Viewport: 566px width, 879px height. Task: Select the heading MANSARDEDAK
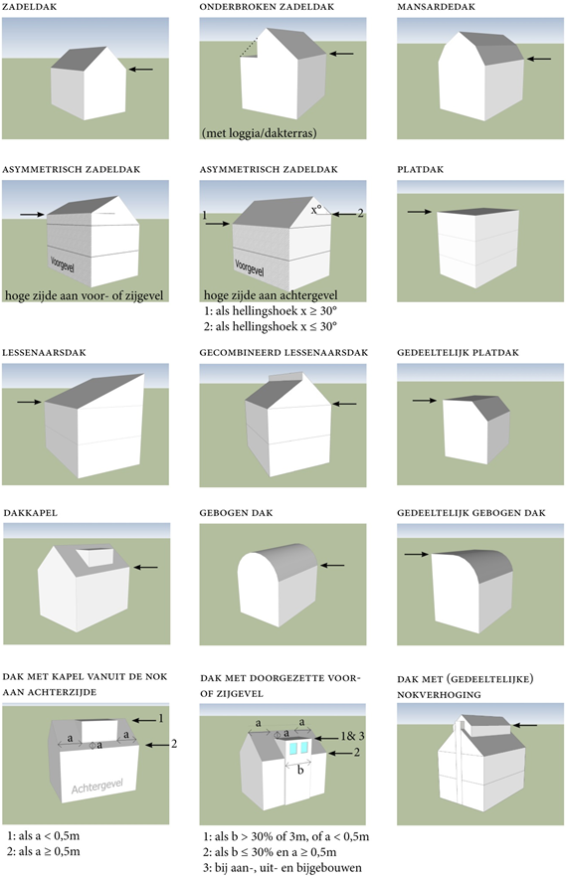point(431,7)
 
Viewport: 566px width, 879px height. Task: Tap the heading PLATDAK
point(419,170)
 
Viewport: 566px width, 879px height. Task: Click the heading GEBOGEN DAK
point(237,512)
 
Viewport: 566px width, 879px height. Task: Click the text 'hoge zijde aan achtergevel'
point(263,295)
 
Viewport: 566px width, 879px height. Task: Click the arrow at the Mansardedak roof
point(540,60)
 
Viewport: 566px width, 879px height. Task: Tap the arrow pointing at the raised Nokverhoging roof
point(532,726)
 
